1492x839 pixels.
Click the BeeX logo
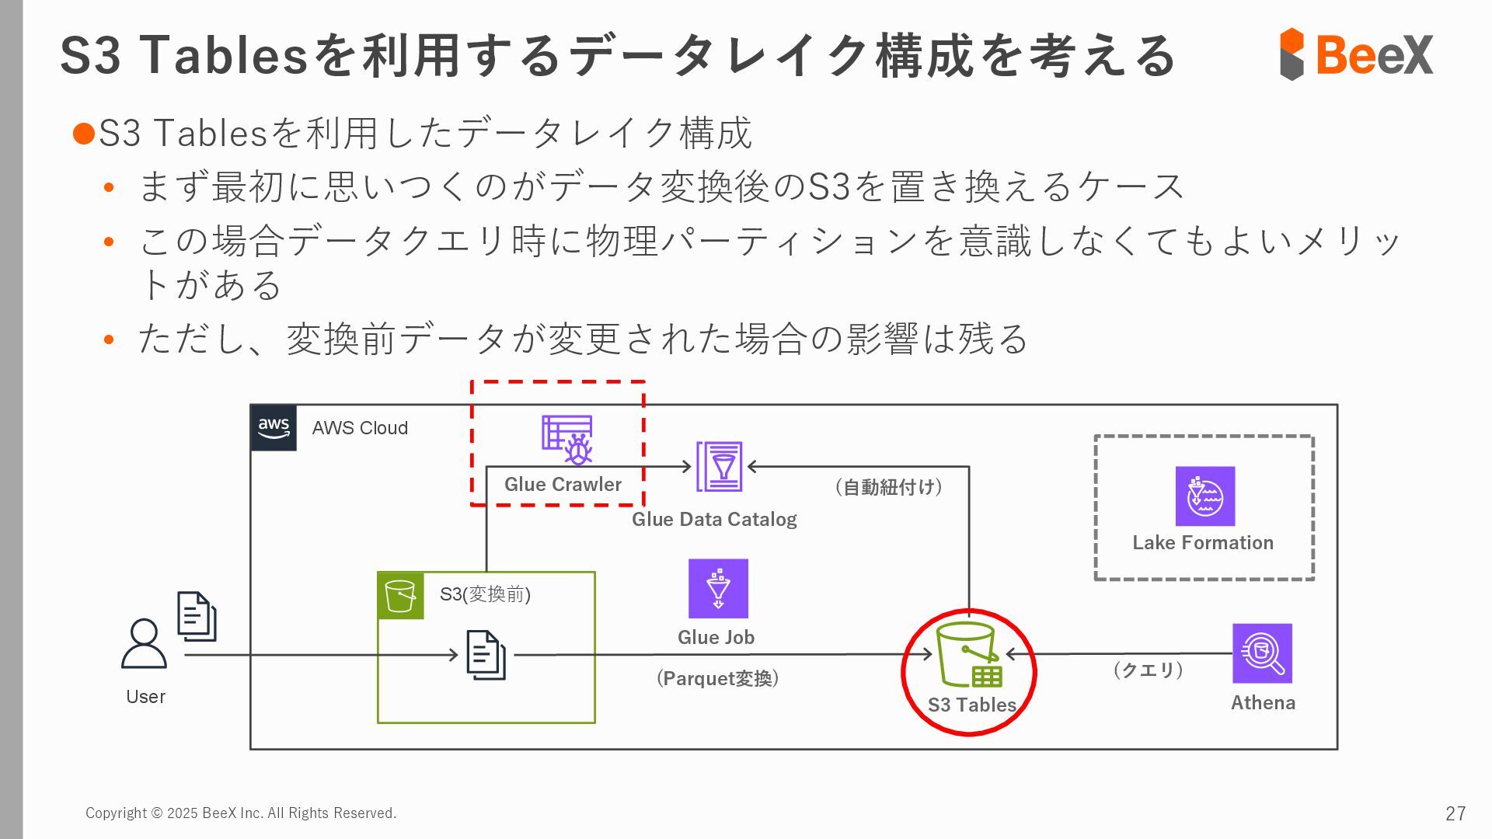[1356, 54]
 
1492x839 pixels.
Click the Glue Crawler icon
[567, 440]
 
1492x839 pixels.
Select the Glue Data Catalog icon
[719, 466]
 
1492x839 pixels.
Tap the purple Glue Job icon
[718, 588]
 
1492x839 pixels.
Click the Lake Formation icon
[1204, 496]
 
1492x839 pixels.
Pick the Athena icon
[1262, 653]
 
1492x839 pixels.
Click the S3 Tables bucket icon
[968, 654]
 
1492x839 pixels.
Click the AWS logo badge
[274, 427]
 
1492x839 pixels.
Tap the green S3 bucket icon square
[400, 596]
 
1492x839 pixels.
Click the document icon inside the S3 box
[486, 655]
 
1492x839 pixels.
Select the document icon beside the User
[197, 616]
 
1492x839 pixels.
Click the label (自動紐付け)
[889, 487]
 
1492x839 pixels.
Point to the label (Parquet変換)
[717, 678]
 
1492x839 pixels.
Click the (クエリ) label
[1148, 670]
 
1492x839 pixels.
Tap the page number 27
[1455, 813]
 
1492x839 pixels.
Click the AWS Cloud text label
[360, 428]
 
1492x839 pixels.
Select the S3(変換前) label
[485, 594]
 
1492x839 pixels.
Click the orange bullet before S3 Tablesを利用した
[83, 134]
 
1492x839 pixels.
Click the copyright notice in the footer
[241, 813]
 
